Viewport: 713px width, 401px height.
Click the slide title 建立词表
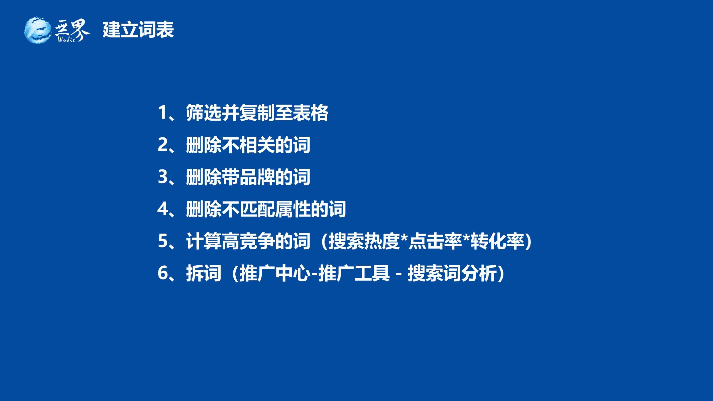tap(138, 30)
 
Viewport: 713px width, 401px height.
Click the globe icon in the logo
tap(38, 30)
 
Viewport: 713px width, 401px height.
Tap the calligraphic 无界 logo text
tap(72, 30)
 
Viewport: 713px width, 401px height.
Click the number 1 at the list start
tap(162, 113)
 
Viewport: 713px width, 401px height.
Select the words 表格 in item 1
tap(311, 113)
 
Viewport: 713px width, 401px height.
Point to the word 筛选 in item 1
tap(204, 113)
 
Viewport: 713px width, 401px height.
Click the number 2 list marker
tap(162, 145)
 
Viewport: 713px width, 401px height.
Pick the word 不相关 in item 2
tap(248, 145)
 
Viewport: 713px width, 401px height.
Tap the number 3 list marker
tap(162, 177)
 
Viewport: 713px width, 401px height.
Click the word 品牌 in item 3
tap(257, 177)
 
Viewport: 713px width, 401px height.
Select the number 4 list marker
tap(162, 209)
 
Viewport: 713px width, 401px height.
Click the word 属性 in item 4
tap(293, 209)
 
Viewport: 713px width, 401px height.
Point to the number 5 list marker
tap(162, 241)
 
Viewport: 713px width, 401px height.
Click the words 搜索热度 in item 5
tap(364, 241)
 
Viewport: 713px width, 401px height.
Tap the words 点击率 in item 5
tap(435, 241)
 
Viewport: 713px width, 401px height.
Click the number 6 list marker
tap(162, 273)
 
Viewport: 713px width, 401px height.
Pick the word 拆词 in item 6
tap(204, 273)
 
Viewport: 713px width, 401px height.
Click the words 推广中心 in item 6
tap(275, 273)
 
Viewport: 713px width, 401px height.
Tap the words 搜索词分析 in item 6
tap(452, 273)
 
